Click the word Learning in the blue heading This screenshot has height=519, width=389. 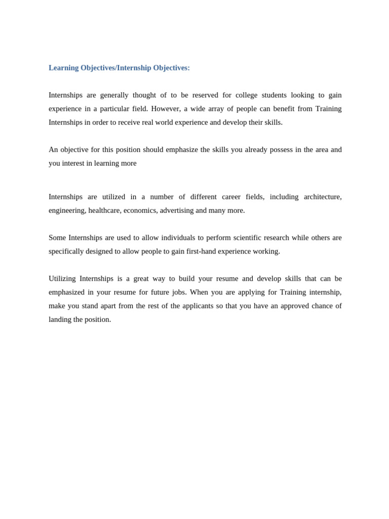tap(64, 68)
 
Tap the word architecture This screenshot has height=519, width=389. tap(323, 197)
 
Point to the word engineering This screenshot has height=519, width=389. tap(67, 211)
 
